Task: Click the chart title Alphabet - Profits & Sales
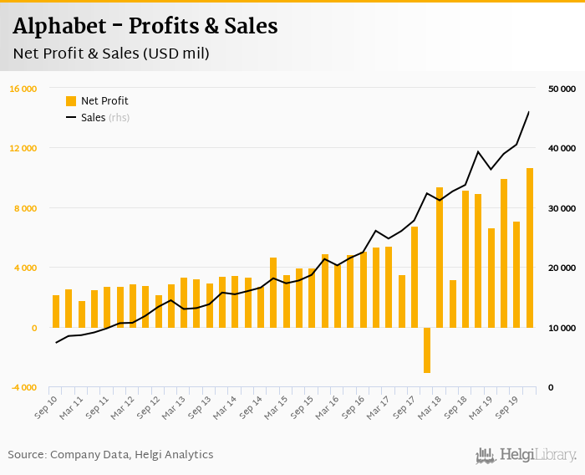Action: [x=145, y=27]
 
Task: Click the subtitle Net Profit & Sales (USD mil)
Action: [x=111, y=54]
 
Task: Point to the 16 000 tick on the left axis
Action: [x=23, y=89]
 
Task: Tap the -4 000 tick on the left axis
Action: [x=23, y=388]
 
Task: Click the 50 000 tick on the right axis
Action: [x=562, y=89]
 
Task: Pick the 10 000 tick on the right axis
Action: [x=562, y=328]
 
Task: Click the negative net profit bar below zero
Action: [x=427, y=350]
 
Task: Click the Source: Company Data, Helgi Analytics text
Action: [x=111, y=455]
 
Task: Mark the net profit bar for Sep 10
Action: [x=56, y=311]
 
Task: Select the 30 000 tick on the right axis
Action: [x=562, y=208]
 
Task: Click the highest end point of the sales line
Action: [x=529, y=112]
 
